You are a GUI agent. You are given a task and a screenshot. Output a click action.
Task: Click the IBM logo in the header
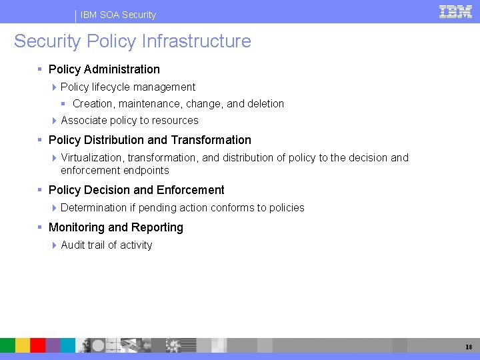point(456,11)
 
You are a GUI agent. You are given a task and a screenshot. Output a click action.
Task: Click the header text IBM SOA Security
point(118,15)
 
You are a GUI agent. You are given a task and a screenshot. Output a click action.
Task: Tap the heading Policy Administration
point(104,69)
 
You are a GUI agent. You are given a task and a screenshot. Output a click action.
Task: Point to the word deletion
point(265,104)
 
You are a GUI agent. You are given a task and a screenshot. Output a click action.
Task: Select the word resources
point(175,121)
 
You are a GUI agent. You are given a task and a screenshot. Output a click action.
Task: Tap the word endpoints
point(147,171)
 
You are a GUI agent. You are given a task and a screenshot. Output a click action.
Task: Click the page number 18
point(469,346)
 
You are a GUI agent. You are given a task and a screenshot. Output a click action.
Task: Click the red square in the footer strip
point(38,345)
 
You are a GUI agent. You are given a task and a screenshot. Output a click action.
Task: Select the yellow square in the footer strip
point(23,345)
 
